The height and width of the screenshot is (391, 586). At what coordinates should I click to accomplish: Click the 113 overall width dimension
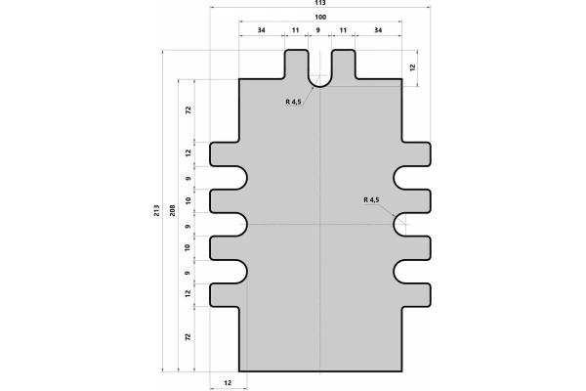(x=320, y=4)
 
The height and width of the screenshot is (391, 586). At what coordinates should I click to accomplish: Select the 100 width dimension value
(x=320, y=19)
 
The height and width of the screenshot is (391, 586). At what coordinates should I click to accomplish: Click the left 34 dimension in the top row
(x=262, y=31)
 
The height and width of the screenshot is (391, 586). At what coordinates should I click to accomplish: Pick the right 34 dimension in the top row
(x=378, y=31)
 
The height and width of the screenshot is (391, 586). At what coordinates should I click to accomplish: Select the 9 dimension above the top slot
(x=319, y=31)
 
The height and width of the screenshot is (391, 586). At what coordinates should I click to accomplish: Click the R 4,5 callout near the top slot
(x=295, y=102)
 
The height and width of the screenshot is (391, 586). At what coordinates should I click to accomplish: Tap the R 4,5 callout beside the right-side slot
(x=370, y=199)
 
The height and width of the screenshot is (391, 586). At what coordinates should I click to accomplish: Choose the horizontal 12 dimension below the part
(x=228, y=382)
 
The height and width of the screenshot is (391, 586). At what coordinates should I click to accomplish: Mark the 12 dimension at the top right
(x=412, y=67)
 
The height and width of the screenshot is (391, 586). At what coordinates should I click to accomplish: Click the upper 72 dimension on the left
(x=188, y=110)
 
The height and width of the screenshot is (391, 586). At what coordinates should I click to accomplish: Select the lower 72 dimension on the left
(x=188, y=336)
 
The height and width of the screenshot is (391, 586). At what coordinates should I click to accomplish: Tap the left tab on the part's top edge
(x=297, y=65)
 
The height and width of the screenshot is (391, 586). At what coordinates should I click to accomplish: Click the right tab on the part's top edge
(x=343, y=65)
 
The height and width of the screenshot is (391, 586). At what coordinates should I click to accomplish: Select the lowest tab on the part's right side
(x=417, y=292)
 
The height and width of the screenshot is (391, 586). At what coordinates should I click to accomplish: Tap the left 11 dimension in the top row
(x=296, y=31)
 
